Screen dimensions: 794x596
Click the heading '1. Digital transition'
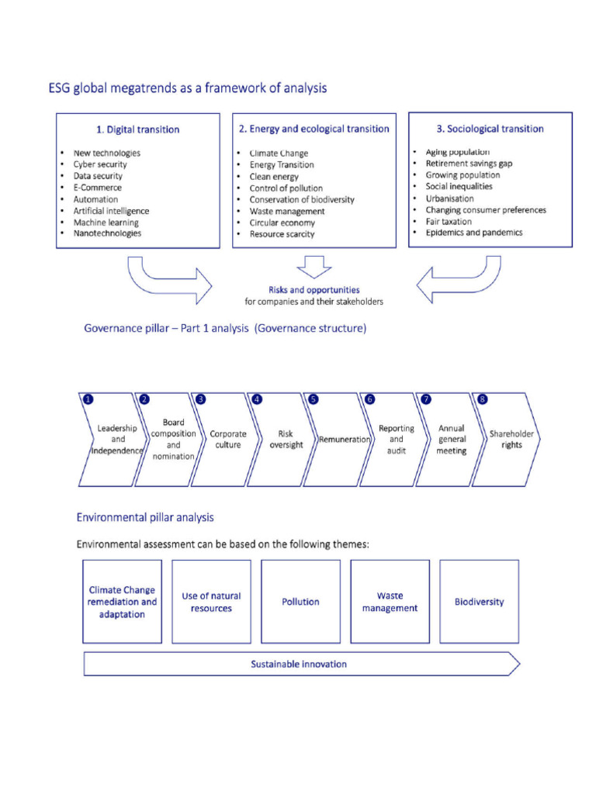(137, 129)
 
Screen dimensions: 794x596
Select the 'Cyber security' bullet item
(100, 164)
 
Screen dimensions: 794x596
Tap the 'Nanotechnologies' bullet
(107, 233)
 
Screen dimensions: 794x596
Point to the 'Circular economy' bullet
(282, 223)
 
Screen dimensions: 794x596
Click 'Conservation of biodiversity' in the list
(301, 199)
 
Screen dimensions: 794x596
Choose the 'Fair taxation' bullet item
(448, 221)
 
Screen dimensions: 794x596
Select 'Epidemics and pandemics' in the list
(473, 233)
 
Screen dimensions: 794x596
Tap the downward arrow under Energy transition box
(314, 267)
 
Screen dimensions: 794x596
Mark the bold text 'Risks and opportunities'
(314, 290)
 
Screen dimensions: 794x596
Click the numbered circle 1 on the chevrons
(88, 399)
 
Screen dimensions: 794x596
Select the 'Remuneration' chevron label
(344, 440)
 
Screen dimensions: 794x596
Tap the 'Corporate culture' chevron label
(228, 440)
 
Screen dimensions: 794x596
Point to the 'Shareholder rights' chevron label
(511, 440)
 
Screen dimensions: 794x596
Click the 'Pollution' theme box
(300, 602)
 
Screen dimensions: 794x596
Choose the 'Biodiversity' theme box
(479, 602)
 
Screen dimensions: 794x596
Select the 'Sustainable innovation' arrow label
(299, 665)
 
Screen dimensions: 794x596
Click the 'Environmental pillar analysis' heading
(145, 517)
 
